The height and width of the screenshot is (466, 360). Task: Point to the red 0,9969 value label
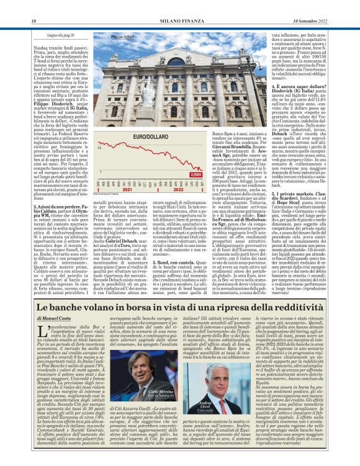[197, 176]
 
